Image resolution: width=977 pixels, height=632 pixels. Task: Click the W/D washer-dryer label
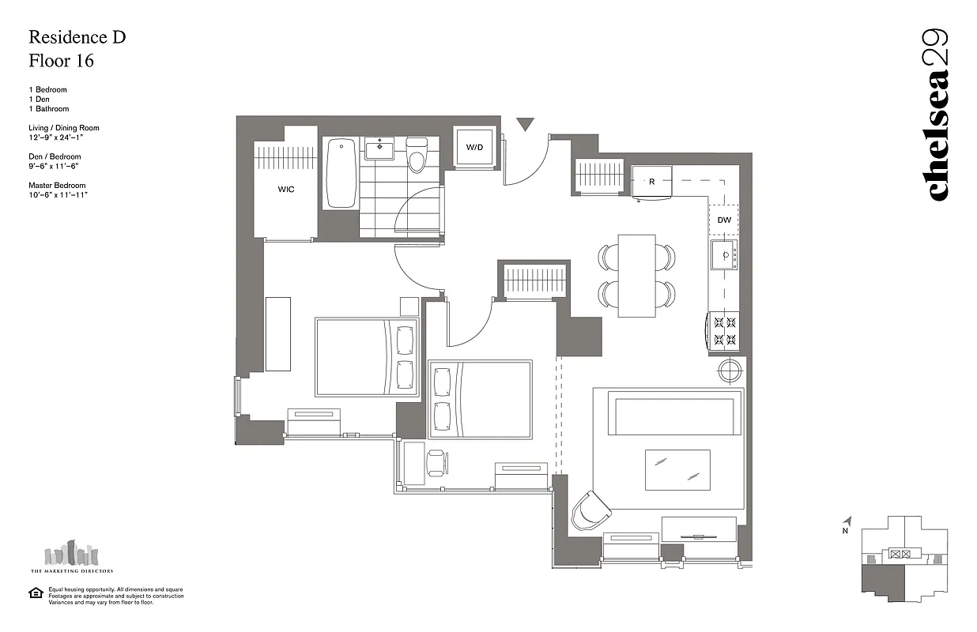tap(473, 147)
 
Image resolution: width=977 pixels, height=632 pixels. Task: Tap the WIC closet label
tap(285, 190)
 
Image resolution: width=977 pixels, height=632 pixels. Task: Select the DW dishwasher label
tap(724, 220)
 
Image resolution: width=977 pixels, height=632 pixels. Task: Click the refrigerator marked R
tap(651, 182)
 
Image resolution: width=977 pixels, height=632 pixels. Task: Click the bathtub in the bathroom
tap(341, 173)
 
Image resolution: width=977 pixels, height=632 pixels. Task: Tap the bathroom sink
tap(380, 147)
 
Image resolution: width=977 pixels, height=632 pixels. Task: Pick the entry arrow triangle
tap(525, 125)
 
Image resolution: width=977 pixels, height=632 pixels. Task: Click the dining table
tap(636, 275)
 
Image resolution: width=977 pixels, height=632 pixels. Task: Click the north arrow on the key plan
tap(847, 522)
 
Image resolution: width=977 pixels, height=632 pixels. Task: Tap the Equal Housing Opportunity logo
tap(35, 593)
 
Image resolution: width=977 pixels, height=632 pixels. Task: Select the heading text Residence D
tap(77, 36)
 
